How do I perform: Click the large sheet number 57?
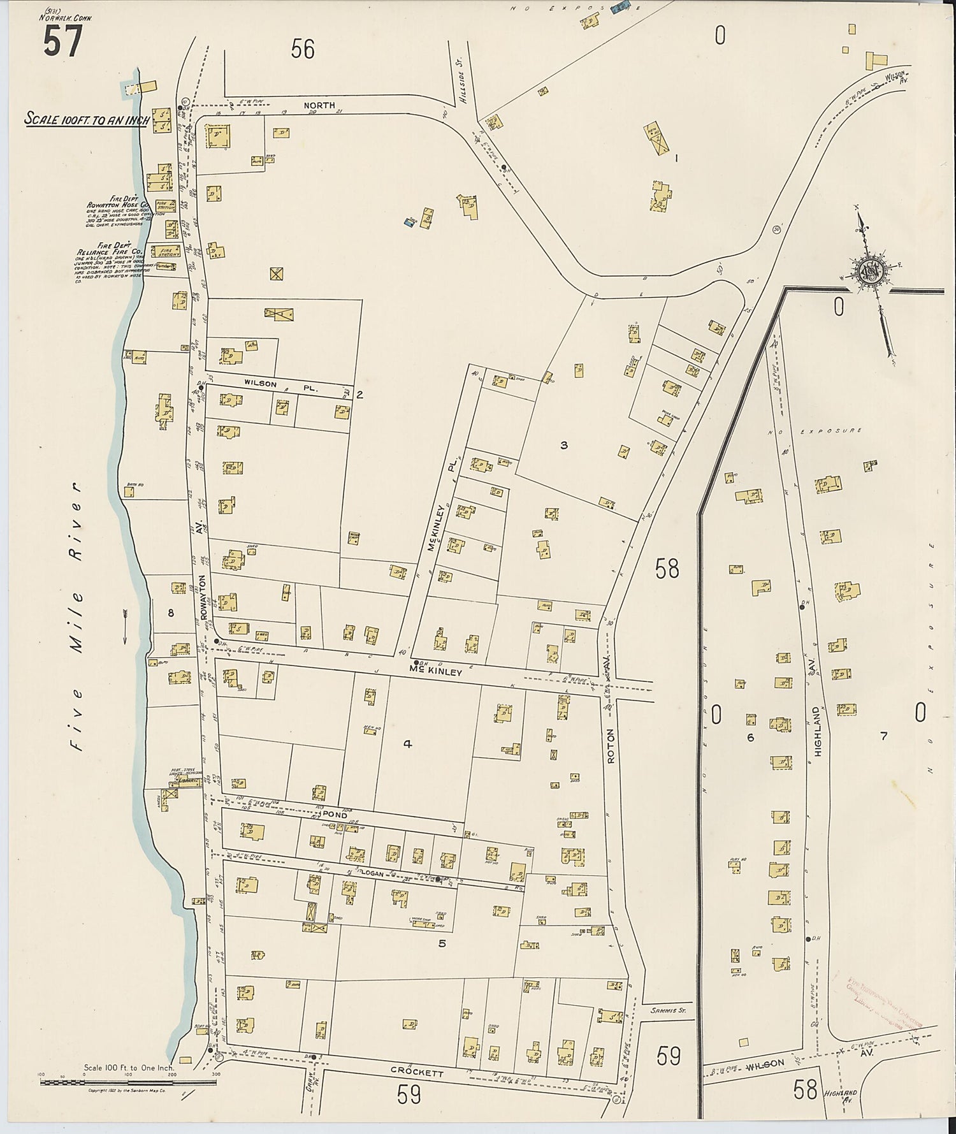[x=62, y=43]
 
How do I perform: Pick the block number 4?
[x=408, y=743]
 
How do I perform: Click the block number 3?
[x=563, y=446]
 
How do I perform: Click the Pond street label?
[x=335, y=815]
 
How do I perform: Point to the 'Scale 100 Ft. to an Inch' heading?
[x=87, y=119]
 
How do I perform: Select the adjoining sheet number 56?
[x=303, y=48]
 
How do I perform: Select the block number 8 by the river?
[x=171, y=613]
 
